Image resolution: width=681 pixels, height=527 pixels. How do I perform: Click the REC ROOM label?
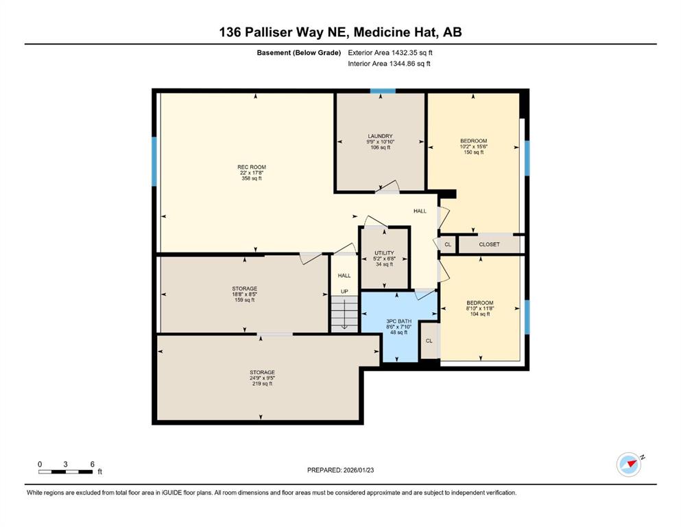[x=252, y=167]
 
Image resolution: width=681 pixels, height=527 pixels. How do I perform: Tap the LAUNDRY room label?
[x=380, y=136]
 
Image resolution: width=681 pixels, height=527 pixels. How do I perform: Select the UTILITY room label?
[x=384, y=253]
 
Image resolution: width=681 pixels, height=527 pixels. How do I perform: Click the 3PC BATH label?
[x=398, y=321]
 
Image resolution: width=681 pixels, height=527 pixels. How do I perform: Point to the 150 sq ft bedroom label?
[x=473, y=141]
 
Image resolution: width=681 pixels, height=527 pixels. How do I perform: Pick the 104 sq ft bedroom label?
[x=480, y=303]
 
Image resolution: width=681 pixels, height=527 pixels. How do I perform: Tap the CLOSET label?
[x=490, y=244]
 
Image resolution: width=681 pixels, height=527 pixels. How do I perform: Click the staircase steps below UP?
[x=344, y=314]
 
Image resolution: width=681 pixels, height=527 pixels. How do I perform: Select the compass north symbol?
[x=630, y=464]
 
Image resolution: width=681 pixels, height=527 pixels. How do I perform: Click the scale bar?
[x=66, y=472]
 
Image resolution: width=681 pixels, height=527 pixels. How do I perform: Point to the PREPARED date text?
[x=340, y=470]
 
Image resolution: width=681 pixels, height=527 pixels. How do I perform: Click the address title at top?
[x=340, y=32]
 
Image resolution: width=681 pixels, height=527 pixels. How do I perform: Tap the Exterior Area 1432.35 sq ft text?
[x=390, y=53]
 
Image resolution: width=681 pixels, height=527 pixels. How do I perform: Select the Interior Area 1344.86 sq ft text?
[x=389, y=63]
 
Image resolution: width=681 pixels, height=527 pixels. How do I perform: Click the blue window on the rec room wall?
[x=154, y=162]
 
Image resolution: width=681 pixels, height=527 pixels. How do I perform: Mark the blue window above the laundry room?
[x=383, y=91]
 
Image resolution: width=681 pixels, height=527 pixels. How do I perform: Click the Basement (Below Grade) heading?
[x=299, y=53]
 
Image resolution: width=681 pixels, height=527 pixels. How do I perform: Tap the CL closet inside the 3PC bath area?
[x=429, y=341]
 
